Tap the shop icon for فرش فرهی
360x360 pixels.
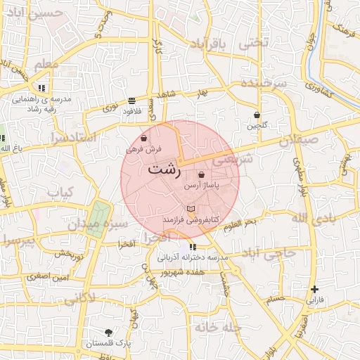point(144,139)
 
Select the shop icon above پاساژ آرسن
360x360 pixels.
point(202,175)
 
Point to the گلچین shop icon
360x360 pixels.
point(257,115)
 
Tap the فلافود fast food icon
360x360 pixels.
point(132,101)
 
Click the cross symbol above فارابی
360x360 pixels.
point(314,289)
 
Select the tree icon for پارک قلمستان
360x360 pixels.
point(108,333)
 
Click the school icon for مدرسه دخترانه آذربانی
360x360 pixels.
point(193,247)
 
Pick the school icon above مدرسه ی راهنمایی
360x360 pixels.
point(42,88)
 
